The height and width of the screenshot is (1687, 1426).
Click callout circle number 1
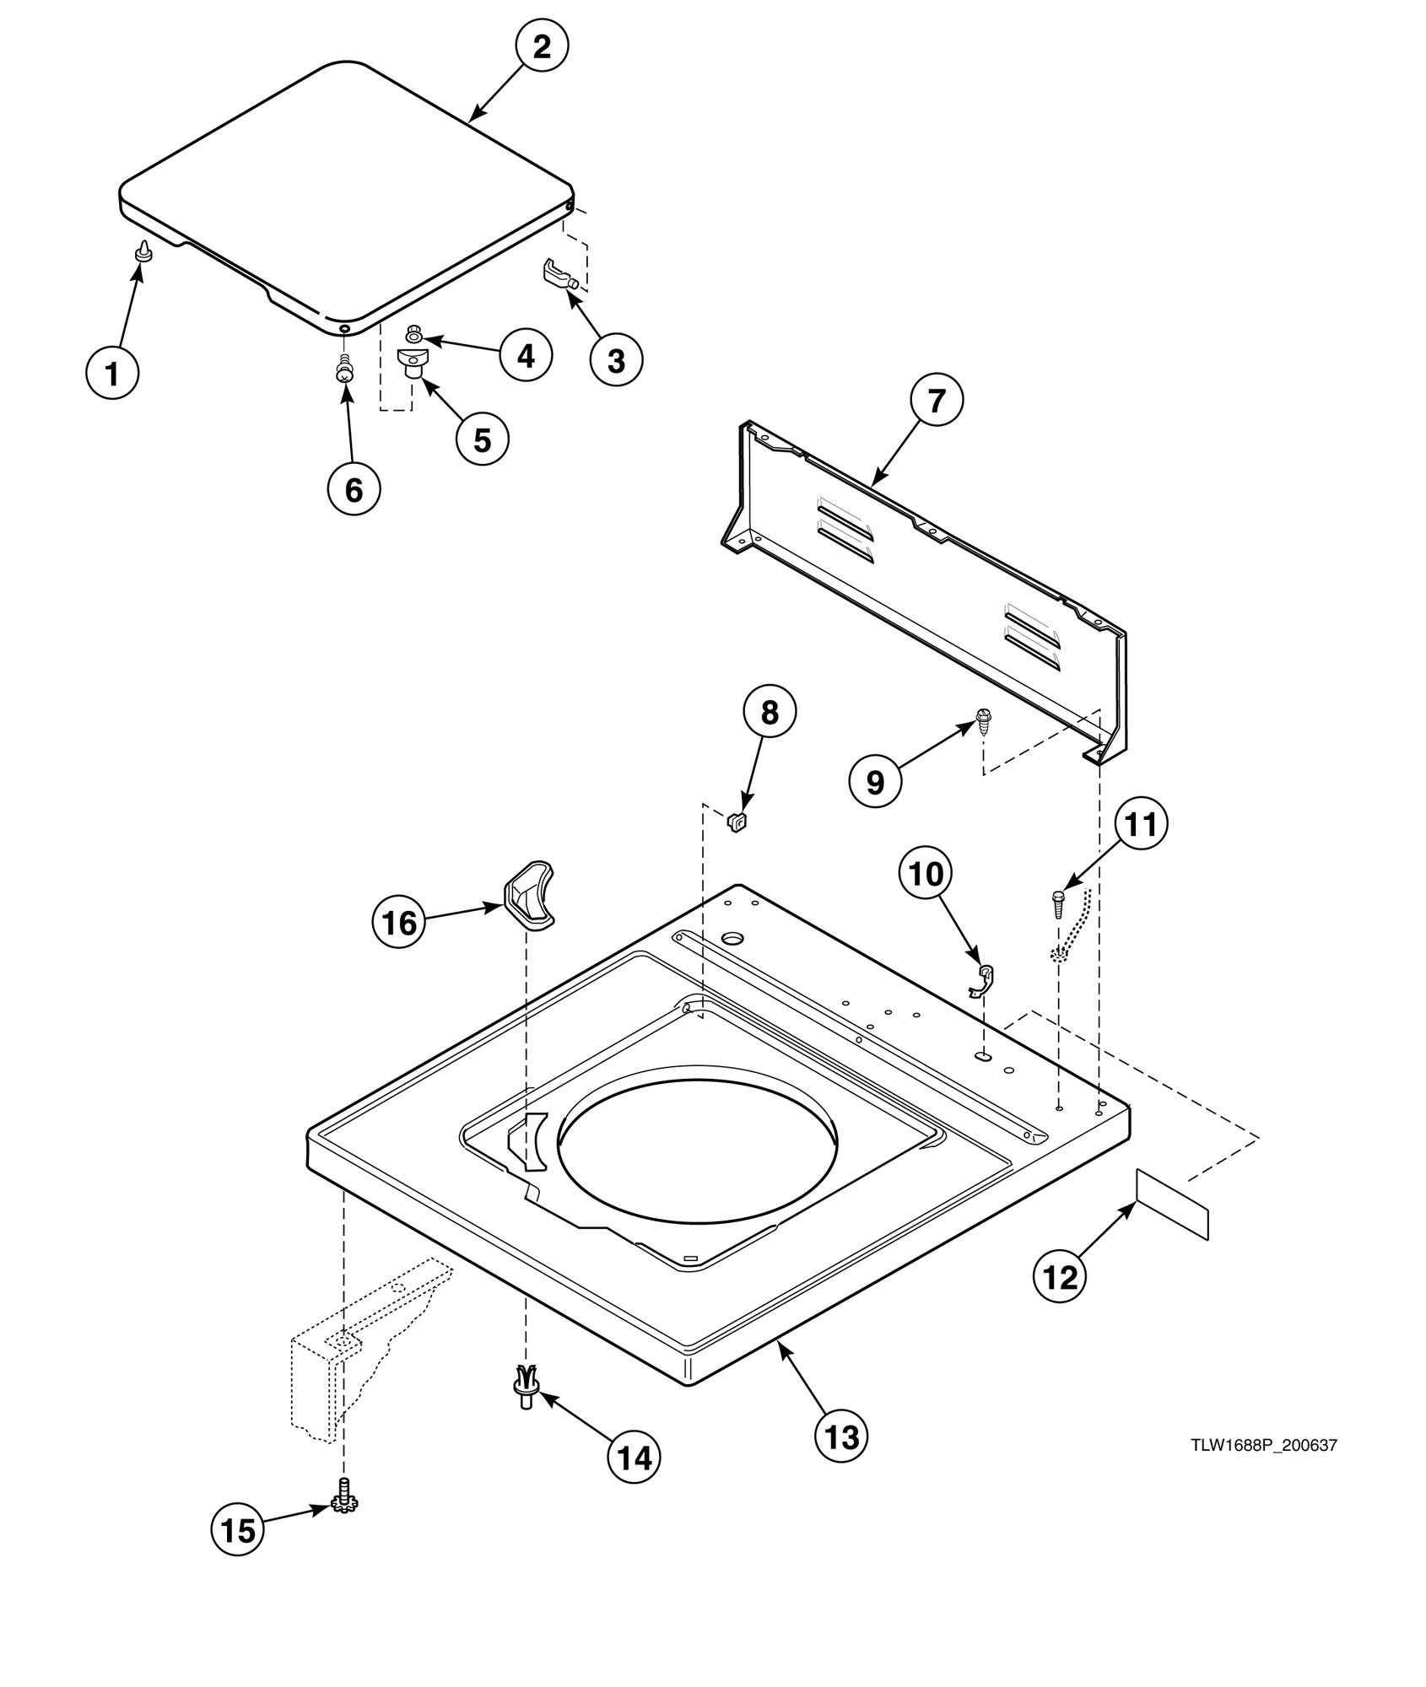(x=113, y=372)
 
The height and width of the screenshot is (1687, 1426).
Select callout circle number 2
(x=541, y=46)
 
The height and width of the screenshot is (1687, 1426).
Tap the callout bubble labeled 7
(x=936, y=402)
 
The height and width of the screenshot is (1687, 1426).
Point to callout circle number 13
(x=841, y=1435)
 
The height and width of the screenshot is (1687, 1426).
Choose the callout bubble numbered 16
(x=399, y=923)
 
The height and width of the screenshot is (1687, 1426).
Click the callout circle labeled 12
(x=1061, y=1278)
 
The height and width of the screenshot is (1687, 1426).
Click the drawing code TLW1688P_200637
(x=1263, y=1445)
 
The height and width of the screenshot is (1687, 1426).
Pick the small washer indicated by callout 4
(x=414, y=334)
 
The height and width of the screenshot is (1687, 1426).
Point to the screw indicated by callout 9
(x=983, y=720)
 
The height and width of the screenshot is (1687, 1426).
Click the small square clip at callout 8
(x=738, y=820)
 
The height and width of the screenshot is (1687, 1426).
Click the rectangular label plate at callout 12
(x=1172, y=1204)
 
